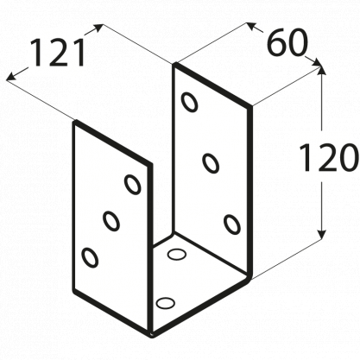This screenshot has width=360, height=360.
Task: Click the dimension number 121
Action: click(57, 53)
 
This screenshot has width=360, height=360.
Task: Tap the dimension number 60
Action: click(287, 43)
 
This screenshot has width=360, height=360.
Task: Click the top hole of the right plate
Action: click(190, 102)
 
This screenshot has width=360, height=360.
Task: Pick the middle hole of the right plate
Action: click(211, 163)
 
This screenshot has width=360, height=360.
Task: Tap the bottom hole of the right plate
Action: click(232, 224)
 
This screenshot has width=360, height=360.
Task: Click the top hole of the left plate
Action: click(133, 185)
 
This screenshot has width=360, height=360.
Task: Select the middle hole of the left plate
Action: click(111, 221)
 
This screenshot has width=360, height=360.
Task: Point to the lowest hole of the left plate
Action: click(90, 257)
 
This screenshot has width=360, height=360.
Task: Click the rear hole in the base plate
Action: click(176, 255)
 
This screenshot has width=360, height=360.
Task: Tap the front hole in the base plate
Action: click(166, 302)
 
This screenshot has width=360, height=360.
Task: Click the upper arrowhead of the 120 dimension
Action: click(321, 66)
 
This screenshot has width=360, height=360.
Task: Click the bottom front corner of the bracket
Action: click(152, 334)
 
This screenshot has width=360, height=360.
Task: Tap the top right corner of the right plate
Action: click(250, 107)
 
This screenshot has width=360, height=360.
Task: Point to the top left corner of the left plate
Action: click(75, 122)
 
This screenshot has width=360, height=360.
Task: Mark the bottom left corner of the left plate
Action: click(74, 292)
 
